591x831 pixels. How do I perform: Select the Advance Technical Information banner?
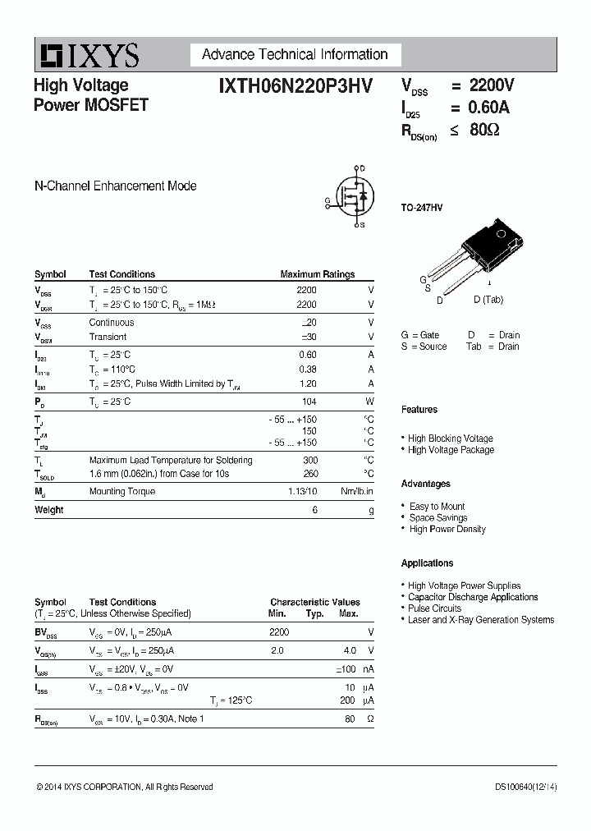295,55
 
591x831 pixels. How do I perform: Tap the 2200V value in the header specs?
492,85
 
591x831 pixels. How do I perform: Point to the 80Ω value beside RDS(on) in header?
484,129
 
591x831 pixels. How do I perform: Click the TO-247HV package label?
422,209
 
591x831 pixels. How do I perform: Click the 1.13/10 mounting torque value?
300,491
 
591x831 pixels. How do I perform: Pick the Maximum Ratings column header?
317,274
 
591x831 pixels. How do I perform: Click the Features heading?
419,410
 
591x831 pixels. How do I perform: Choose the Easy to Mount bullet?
437,507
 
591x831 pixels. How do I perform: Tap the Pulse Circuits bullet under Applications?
434,608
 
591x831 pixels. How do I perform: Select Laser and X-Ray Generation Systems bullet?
481,620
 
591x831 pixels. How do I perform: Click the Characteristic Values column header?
314,602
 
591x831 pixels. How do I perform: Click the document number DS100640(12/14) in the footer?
525,787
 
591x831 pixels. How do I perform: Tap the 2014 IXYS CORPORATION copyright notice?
125,787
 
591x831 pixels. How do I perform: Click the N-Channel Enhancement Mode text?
115,186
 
